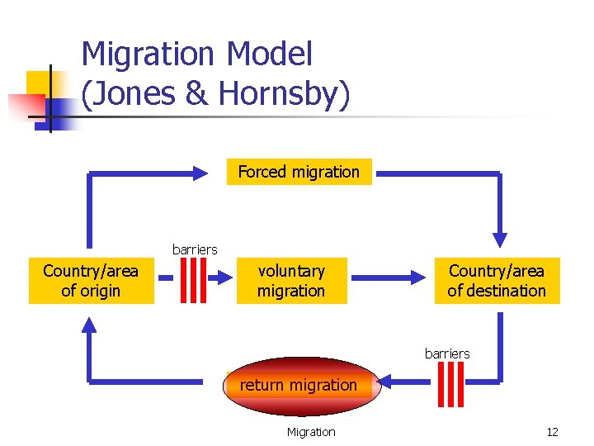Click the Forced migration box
pyautogui.click(x=299, y=172)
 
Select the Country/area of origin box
pyautogui.click(x=91, y=281)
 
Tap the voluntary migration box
pyautogui.click(x=291, y=281)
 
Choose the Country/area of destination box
pyautogui.click(x=497, y=281)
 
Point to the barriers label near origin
pyautogui.click(x=195, y=249)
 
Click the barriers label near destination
pyautogui.click(x=447, y=353)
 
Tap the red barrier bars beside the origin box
pyautogui.click(x=193, y=281)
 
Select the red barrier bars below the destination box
pyautogui.click(x=452, y=384)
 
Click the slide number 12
pyautogui.click(x=553, y=432)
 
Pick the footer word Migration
pyautogui.click(x=311, y=432)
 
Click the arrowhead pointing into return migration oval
pyautogui.click(x=387, y=382)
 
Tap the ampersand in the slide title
pyautogui.click(x=197, y=94)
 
